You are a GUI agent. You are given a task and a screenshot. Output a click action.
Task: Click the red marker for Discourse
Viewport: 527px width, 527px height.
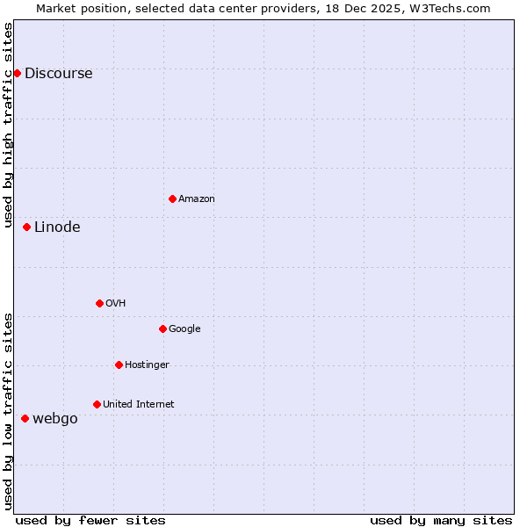pyautogui.click(x=17, y=73)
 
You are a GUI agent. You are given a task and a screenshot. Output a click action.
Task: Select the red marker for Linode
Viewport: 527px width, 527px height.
pyautogui.click(x=26, y=227)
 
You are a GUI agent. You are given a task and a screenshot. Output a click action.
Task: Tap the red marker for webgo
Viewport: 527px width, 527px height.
pyautogui.click(x=25, y=418)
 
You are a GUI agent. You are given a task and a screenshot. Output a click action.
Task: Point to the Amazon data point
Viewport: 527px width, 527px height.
pyautogui.click(x=172, y=199)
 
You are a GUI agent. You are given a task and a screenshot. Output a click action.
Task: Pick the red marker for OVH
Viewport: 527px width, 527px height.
pyautogui.click(x=99, y=303)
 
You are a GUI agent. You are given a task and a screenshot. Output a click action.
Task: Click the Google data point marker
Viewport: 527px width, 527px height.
pyautogui.click(x=162, y=328)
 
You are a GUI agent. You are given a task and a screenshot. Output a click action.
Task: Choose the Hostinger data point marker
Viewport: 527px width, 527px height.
pyautogui.click(x=119, y=365)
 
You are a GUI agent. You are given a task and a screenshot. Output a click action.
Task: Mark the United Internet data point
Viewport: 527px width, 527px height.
pyautogui.click(x=97, y=404)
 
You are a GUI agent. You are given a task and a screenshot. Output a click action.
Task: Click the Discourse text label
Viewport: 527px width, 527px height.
pyautogui.click(x=58, y=73)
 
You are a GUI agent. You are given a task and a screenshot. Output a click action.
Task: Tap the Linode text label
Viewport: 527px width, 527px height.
pyautogui.click(x=57, y=227)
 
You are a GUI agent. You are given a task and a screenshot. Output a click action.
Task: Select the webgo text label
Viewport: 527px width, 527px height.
pyautogui.click(x=54, y=418)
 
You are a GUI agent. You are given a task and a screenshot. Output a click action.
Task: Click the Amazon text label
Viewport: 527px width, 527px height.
pyautogui.click(x=197, y=199)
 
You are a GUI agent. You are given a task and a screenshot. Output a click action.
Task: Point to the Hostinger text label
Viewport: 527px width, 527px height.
pyautogui.click(x=147, y=365)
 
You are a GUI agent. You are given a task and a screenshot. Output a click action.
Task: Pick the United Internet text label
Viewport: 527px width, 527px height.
pyautogui.click(x=138, y=404)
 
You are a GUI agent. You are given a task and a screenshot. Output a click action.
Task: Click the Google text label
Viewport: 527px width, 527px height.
pyautogui.click(x=184, y=328)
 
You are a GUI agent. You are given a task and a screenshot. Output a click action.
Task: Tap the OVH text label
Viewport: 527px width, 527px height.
pyautogui.click(x=115, y=303)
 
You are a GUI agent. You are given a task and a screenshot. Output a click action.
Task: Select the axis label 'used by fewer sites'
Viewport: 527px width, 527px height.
pyautogui.click(x=90, y=520)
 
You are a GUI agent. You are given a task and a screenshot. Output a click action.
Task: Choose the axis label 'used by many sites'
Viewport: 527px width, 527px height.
pyautogui.click(x=441, y=520)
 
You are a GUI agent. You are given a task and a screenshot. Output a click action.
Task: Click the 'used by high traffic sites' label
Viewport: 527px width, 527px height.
pyautogui.click(x=8, y=126)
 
